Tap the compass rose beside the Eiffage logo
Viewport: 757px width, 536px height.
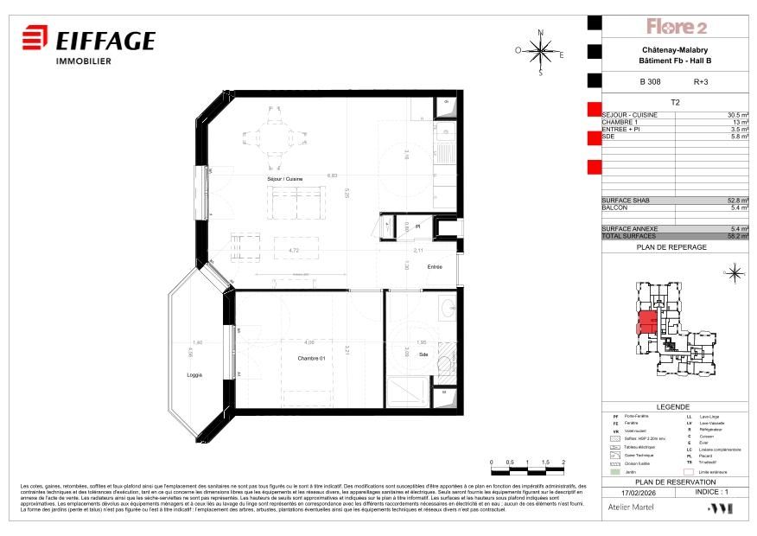pyautogui.click(x=541, y=52)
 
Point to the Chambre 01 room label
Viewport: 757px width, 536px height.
pyautogui.click(x=310, y=359)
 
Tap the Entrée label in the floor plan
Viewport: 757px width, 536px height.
pyautogui.click(x=434, y=267)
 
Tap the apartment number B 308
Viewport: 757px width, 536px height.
pyautogui.click(x=649, y=82)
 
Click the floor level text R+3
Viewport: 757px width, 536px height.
pyautogui.click(x=701, y=82)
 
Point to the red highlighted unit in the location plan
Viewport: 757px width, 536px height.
pyautogui.click(x=646, y=323)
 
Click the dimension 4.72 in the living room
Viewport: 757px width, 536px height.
pyautogui.click(x=269, y=252)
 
